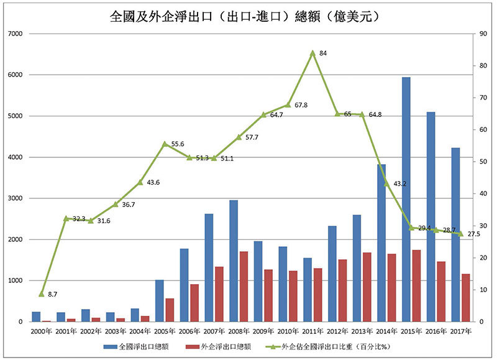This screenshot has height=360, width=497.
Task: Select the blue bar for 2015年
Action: point(406,199)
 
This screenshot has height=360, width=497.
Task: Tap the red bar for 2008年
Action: point(244,286)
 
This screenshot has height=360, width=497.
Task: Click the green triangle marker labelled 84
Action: point(312,53)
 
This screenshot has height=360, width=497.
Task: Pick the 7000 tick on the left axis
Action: point(14,34)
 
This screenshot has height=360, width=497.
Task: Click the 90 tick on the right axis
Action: point(476,34)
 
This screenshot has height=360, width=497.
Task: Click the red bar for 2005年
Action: point(170,310)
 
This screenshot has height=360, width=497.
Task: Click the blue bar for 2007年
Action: point(209,267)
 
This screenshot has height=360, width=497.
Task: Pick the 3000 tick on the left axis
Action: point(14,198)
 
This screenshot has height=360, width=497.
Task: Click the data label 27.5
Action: point(474,234)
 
